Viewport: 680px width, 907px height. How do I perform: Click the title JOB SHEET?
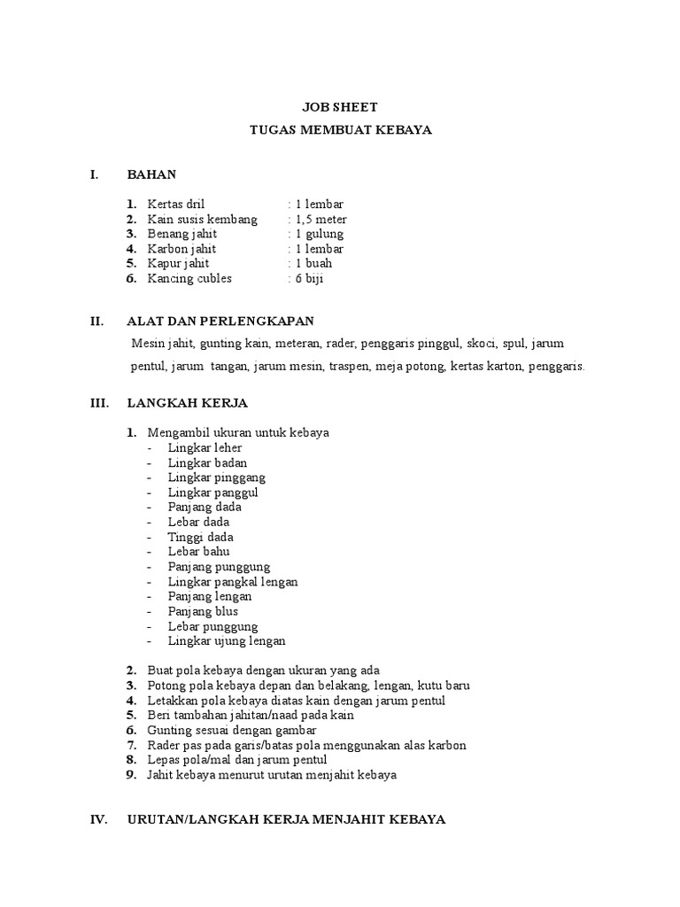(340, 107)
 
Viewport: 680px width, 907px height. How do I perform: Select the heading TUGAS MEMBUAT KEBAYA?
(340, 130)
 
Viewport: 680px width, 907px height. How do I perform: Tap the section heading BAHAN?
(151, 174)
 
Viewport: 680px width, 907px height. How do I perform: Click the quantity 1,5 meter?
(317, 219)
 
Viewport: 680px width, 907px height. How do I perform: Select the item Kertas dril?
(175, 205)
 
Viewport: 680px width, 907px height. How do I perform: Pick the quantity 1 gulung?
(316, 234)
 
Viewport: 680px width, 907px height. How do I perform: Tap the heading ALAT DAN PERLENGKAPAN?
(220, 321)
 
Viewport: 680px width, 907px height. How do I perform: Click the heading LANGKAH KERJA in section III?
(188, 403)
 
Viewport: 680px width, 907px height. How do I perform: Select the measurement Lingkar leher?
(205, 448)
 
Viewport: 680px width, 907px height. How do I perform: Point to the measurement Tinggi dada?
(201, 537)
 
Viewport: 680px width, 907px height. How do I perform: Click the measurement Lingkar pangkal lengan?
(233, 582)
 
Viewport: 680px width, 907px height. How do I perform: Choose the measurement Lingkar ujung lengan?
(227, 640)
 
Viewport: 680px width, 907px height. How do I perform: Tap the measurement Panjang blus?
(203, 611)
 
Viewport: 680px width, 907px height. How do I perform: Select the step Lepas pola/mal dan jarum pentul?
(236, 760)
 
